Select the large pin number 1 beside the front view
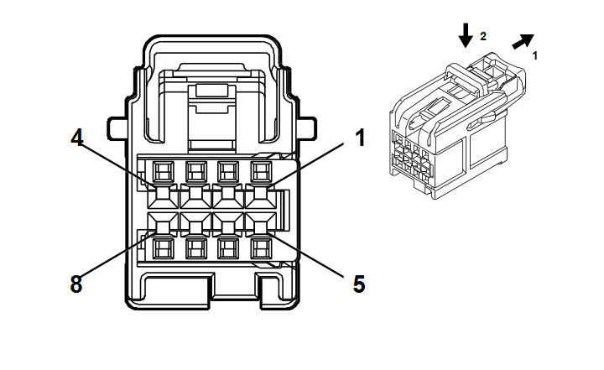tap(360, 138)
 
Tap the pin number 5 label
tap(359, 284)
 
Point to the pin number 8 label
tap(76, 284)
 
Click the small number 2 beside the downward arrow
tap(482, 36)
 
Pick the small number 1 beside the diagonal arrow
tap(535, 55)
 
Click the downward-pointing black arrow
tap(465, 35)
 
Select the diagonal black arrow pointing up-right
tap(523, 43)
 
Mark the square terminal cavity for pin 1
tap(260, 173)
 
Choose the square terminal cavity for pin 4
tap(163, 173)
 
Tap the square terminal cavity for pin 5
tap(260, 248)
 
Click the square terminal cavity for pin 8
tap(163, 248)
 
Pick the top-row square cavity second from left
tap(195, 173)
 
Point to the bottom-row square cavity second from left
tap(195, 248)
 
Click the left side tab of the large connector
tap(117, 129)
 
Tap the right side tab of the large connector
tap(306, 129)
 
